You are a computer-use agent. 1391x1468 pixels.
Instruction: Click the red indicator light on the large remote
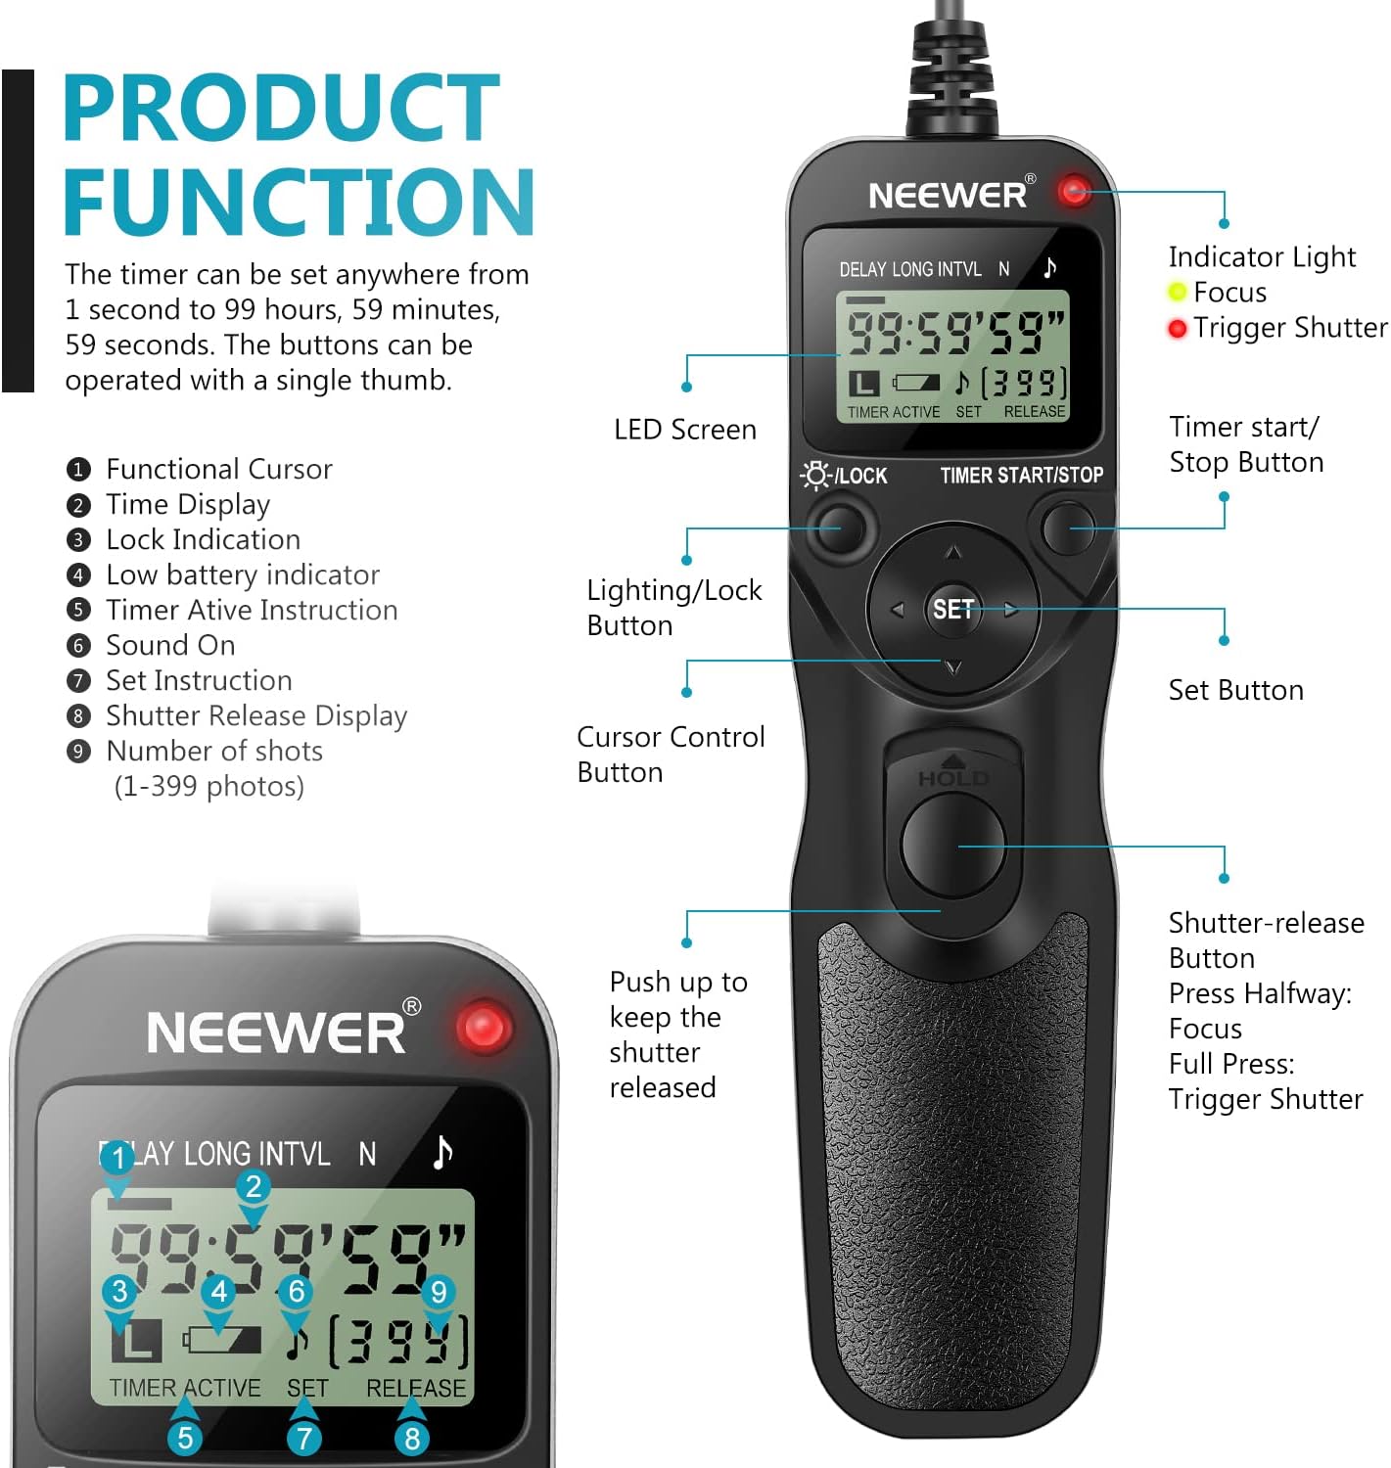pyautogui.click(x=1074, y=190)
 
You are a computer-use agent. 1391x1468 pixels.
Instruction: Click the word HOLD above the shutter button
pyautogui.click(x=952, y=779)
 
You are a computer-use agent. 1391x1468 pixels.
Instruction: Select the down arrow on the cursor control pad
pyautogui.click(x=953, y=668)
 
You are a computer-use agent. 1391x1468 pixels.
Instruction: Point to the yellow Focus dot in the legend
pyautogui.click(x=1178, y=293)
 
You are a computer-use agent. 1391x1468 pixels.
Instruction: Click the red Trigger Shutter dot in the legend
pyautogui.click(x=1178, y=329)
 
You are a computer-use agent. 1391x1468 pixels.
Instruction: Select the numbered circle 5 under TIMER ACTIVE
pyautogui.click(x=185, y=1438)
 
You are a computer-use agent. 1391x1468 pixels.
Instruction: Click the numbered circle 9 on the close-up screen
pyautogui.click(x=438, y=1292)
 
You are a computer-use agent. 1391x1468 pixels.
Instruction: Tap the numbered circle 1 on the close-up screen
pyautogui.click(x=117, y=1159)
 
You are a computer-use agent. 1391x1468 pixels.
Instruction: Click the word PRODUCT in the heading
pyautogui.click(x=282, y=109)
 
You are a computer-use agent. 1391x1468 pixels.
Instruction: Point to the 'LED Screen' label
pyautogui.click(x=685, y=430)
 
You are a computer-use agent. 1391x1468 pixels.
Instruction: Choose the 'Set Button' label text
pyautogui.click(x=1235, y=691)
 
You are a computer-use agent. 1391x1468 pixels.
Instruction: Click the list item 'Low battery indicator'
pyautogui.click(x=242, y=574)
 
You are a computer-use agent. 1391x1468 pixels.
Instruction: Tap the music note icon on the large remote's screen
pyautogui.click(x=1049, y=267)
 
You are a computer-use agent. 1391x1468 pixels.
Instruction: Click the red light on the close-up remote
pyautogui.click(x=484, y=1028)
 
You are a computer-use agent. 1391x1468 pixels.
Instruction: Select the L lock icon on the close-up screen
pyautogui.click(x=136, y=1340)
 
